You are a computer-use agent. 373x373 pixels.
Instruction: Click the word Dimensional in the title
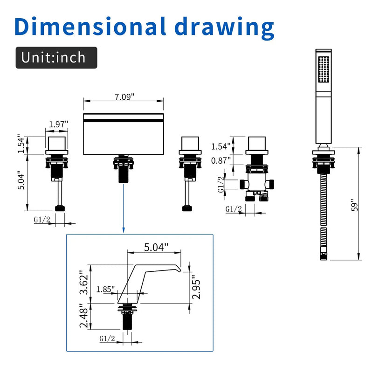click(90, 26)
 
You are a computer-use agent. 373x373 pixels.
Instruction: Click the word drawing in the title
click(224, 28)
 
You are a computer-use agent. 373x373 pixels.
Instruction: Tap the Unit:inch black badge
click(56, 57)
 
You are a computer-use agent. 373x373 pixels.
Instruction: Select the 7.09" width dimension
click(124, 97)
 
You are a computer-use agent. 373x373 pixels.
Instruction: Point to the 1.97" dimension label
click(58, 124)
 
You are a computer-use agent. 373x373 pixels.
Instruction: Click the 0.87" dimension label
click(221, 160)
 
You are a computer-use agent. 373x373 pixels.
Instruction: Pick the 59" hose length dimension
click(354, 205)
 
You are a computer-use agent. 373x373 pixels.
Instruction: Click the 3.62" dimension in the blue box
click(84, 282)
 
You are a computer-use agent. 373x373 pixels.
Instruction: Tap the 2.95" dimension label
click(196, 287)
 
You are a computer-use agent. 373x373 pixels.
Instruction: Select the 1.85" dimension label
click(105, 289)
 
